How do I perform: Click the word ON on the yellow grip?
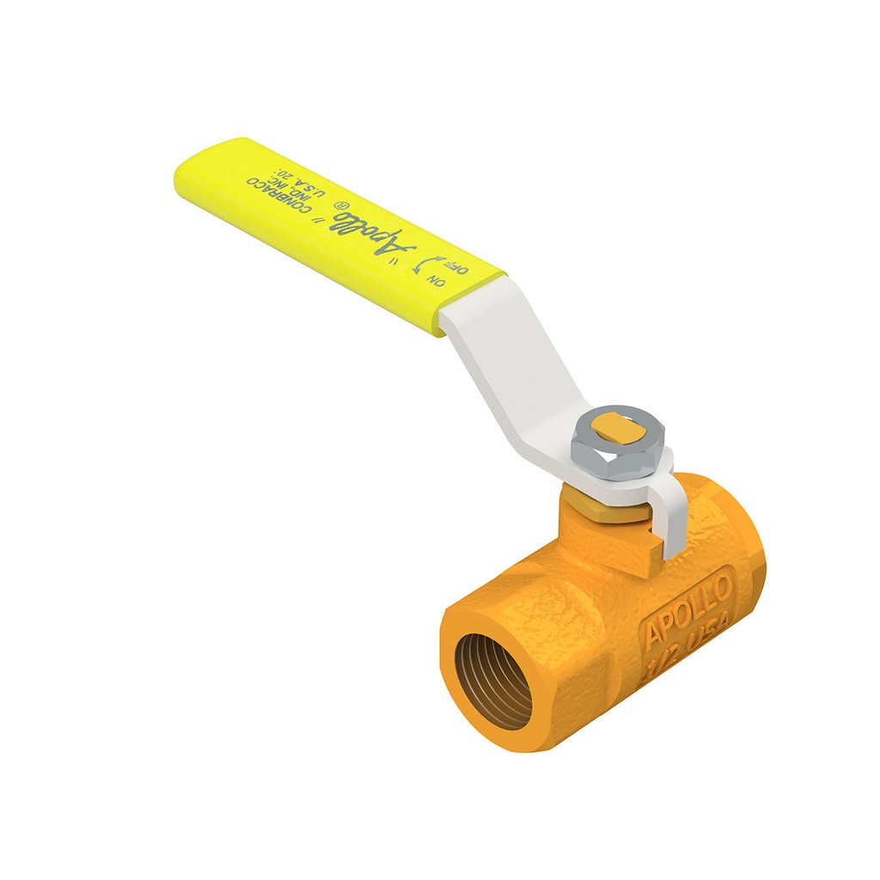tap(438, 280)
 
